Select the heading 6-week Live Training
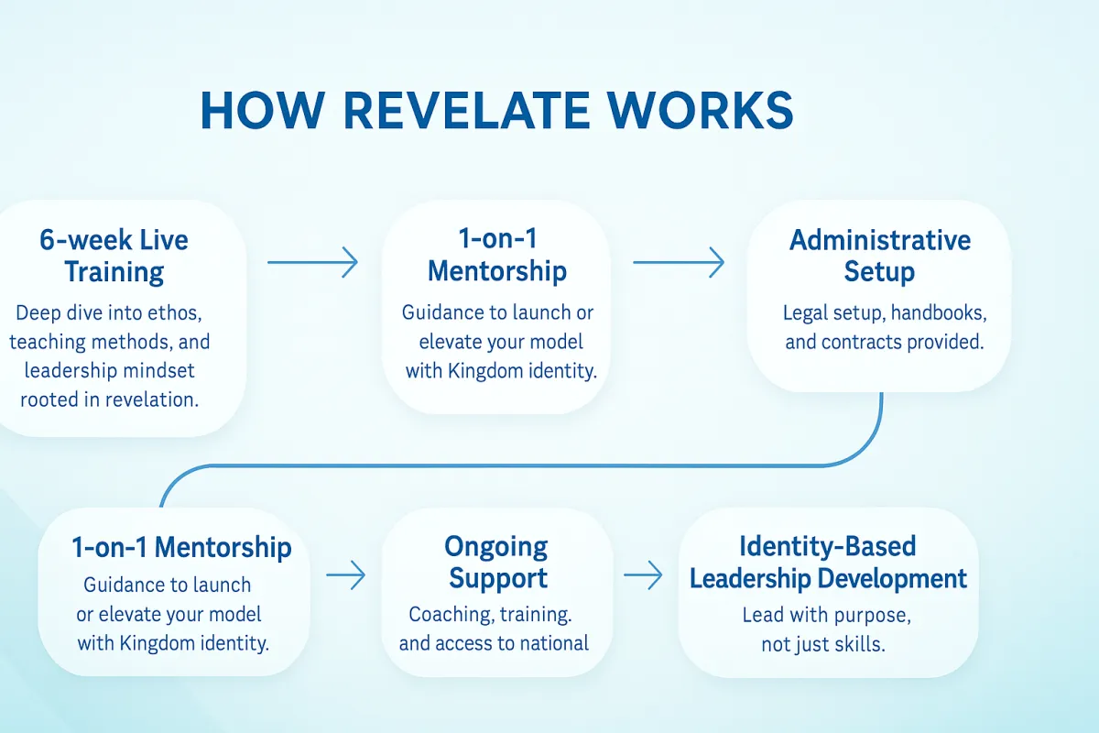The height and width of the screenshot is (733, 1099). (x=114, y=256)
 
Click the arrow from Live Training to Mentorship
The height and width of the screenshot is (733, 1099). (x=312, y=262)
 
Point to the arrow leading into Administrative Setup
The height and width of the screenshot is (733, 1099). (x=679, y=262)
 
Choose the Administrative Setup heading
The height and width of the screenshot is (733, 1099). (x=880, y=256)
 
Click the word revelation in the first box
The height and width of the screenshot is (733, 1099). (x=153, y=399)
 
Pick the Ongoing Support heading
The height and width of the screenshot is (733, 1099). (x=496, y=563)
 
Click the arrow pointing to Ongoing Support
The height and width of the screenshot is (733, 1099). (x=346, y=574)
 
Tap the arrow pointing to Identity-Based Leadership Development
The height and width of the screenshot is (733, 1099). (x=643, y=574)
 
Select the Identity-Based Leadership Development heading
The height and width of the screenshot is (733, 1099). (x=828, y=563)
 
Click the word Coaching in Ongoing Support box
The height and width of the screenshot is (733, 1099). (x=449, y=615)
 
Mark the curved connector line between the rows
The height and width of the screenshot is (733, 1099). (x=521, y=465)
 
